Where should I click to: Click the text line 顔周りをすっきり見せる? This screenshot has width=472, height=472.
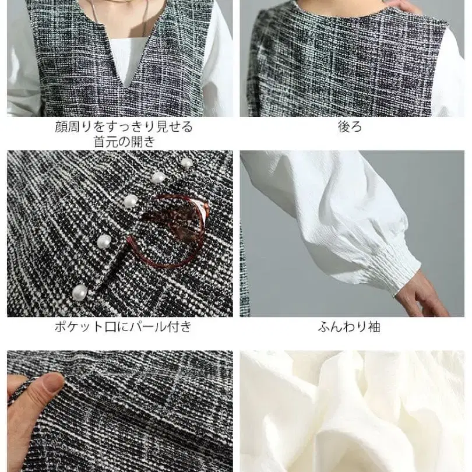(x=124, y=126)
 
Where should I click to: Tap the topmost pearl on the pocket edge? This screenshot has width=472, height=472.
(x=186, y=163)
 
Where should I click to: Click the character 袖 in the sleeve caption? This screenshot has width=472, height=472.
(x=374, y=327)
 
